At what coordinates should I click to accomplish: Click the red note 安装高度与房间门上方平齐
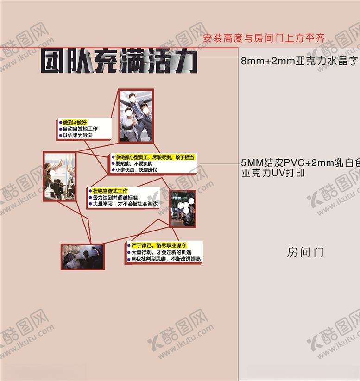263,38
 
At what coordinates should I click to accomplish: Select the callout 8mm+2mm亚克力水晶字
300,61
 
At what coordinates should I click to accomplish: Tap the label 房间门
305,253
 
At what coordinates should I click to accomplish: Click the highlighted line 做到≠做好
75,122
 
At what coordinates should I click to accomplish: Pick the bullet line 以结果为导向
77,136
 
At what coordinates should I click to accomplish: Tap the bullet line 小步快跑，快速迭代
136,170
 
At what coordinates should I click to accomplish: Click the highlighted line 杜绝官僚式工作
110,191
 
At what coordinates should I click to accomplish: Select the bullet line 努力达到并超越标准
115,198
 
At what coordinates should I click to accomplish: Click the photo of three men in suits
136,115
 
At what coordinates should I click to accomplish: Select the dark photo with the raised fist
83,256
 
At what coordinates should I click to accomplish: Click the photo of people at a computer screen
183,208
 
